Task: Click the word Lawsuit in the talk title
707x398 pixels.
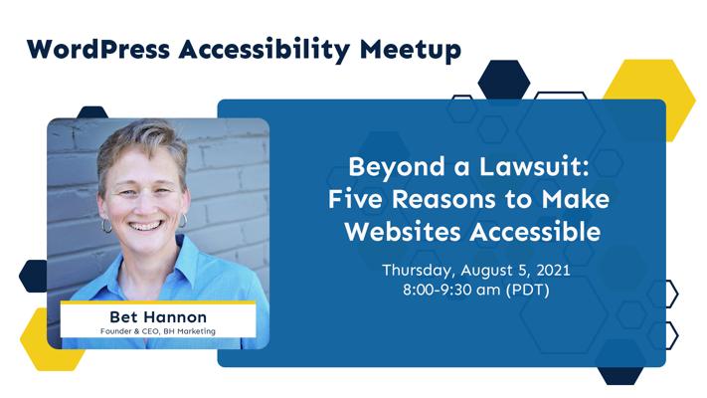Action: (x=534, y=166)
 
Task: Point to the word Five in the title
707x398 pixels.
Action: (x=355, y=199)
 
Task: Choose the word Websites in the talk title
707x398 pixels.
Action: (x=403, y=232)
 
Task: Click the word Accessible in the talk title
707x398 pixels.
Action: (x=536, y=232)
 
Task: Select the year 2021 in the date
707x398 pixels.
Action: (x=553, y=271)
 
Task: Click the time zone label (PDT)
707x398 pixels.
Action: (x=528, y=290)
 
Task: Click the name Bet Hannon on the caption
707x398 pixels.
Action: (x=158, y=316)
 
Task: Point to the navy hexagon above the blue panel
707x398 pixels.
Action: (x=503, y=81)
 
